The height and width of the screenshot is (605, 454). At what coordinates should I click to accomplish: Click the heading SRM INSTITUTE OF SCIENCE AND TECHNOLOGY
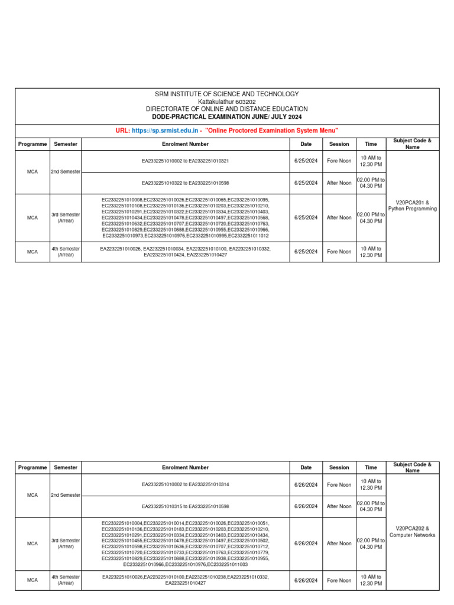227,94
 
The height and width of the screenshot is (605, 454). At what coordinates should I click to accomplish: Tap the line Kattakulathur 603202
227,102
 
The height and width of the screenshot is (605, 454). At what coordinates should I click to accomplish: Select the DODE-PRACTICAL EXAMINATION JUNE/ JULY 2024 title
227,117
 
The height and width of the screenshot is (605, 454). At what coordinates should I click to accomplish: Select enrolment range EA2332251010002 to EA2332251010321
185,161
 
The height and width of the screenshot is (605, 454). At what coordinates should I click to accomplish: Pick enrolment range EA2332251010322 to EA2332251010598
185,183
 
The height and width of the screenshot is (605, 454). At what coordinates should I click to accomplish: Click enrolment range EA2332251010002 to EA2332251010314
185,484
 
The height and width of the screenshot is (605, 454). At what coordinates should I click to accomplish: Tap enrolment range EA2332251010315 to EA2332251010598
185,506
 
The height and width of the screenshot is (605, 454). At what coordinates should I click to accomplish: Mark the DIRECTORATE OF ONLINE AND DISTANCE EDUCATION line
227,109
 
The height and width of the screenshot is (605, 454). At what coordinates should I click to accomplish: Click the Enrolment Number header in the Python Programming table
185,144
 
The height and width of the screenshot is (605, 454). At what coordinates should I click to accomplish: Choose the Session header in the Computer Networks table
339,467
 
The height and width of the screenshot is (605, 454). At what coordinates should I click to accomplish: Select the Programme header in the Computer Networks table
33,467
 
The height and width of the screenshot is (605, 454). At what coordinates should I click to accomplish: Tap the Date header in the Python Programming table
306,144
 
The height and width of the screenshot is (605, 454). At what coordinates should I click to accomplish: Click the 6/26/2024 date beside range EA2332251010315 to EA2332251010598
306,506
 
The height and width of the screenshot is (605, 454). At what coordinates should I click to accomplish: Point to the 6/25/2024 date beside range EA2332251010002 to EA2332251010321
306,161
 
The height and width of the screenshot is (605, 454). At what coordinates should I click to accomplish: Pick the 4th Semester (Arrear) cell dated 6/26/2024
66,580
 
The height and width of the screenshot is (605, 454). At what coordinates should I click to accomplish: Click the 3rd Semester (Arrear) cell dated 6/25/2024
66,217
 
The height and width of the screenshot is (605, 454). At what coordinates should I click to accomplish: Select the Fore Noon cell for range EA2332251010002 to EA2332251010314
339,484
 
